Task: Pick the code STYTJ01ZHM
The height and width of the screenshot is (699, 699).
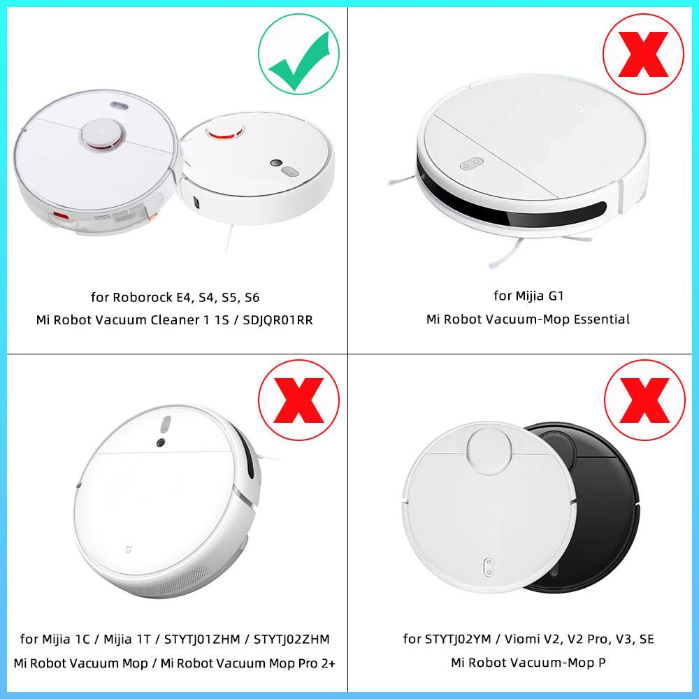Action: [203, 640]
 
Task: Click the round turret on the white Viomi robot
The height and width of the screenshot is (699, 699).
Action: [489, 450]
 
